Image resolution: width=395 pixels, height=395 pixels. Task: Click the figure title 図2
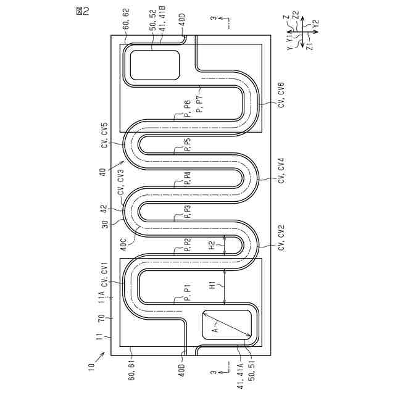point(83,11)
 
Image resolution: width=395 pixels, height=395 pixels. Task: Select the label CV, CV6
point(281,94)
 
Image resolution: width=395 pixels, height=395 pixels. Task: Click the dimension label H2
point(213,245)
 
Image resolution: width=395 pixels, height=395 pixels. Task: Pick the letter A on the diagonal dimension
point(215,330)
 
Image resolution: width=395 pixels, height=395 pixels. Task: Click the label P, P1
point(187,293)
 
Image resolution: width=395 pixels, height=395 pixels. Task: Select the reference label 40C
point(123,244)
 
